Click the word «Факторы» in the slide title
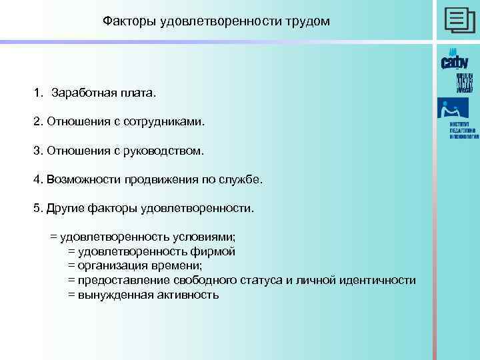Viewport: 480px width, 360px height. pos(127,22)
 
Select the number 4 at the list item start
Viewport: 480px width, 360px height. pos(36,180)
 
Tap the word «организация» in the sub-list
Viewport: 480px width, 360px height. pos(111,266)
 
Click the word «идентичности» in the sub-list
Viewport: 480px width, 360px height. pos(379,280)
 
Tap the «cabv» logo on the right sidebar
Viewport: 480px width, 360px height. pos(455,61)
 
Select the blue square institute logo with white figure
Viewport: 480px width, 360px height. pos(453,109)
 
